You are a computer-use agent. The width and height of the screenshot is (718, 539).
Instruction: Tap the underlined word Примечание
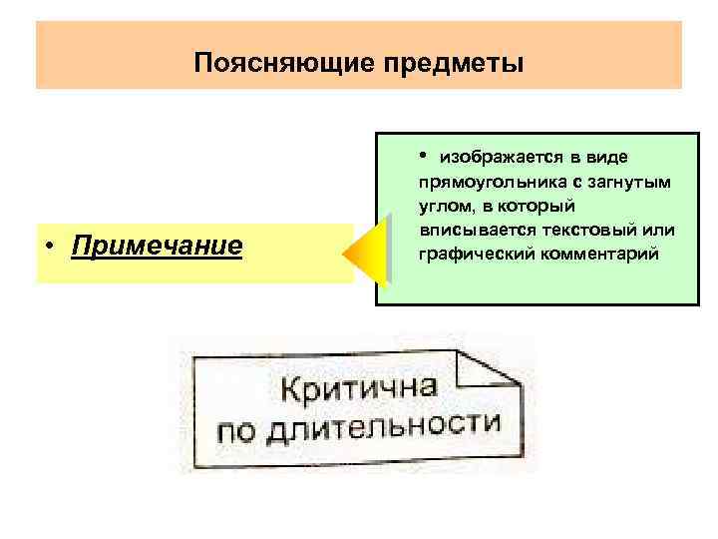tap(157, 246)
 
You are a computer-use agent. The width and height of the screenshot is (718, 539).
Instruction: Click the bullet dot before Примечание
tap(48, 247)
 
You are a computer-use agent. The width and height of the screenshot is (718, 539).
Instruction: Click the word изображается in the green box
tap(501, 159)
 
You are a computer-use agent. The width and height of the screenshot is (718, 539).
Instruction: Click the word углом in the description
tap(445, 206)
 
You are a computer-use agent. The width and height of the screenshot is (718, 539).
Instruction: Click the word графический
tap(469, 254)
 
